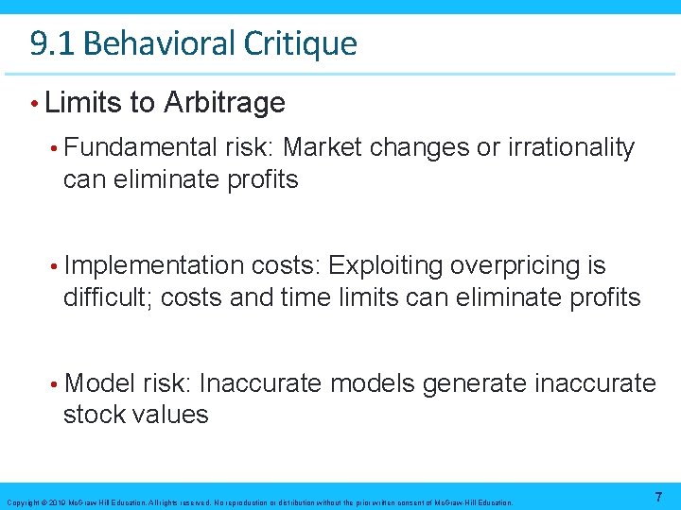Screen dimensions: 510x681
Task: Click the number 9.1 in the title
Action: (x=47, y=43)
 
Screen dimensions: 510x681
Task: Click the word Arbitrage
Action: (x=224, y=102)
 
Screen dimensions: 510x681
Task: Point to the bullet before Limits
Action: (x=34, y=102)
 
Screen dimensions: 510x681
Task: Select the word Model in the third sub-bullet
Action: (x=101, y=383)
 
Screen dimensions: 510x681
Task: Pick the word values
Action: (x=171, y=414)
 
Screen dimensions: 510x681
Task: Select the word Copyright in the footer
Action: (x=21, y=502)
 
